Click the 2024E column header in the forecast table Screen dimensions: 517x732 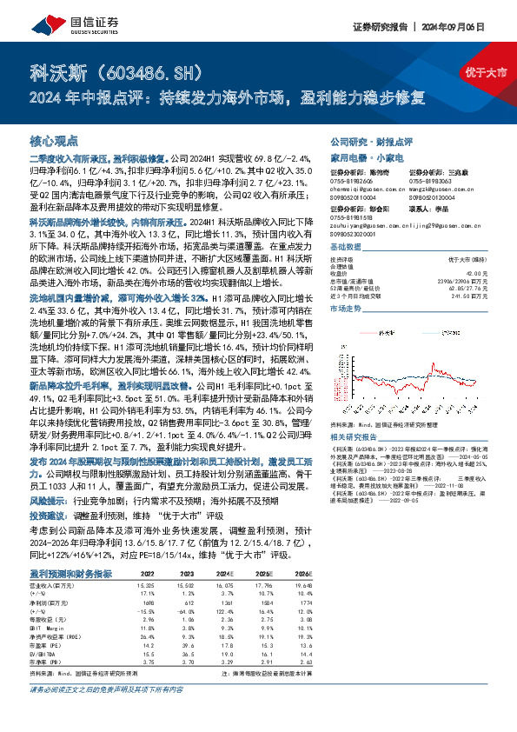pos(224,575)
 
